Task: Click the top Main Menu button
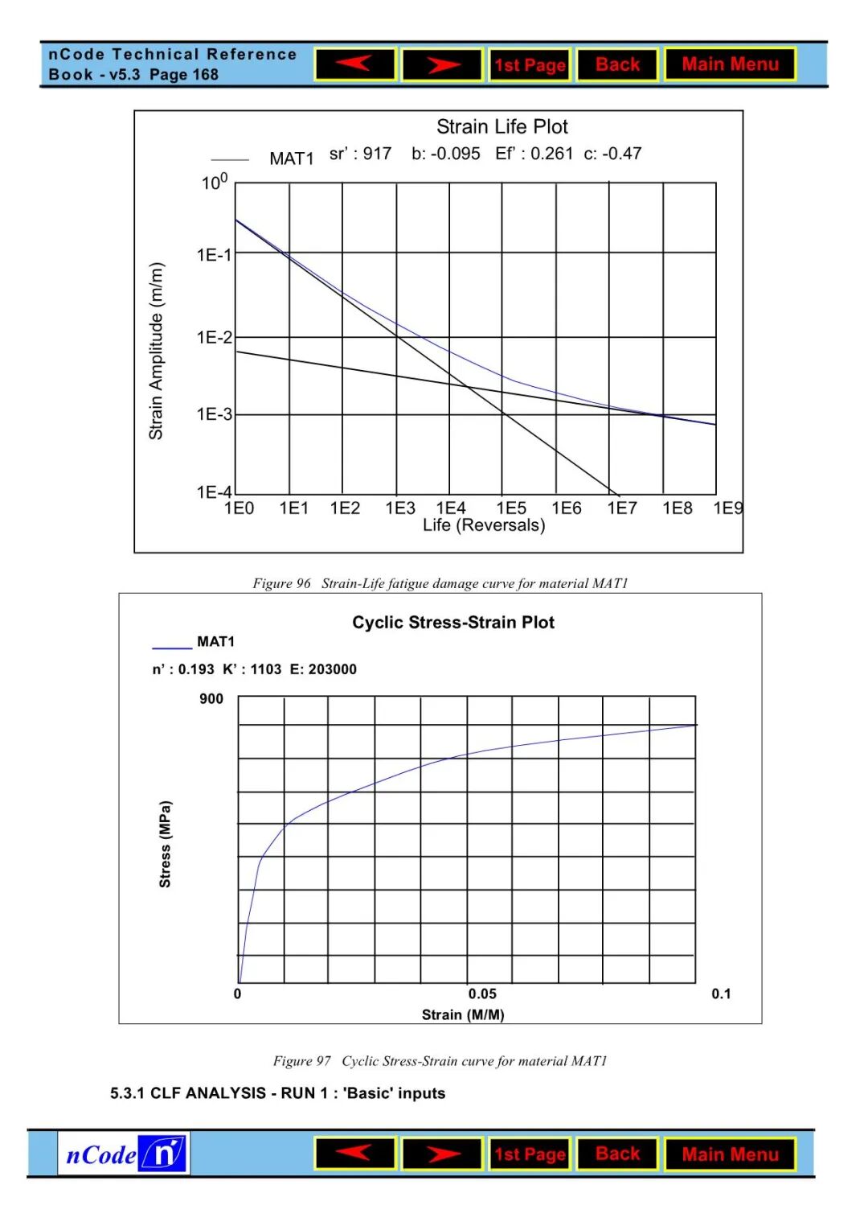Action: click(x=730, y=64)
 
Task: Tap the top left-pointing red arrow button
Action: click(x=355, y=64)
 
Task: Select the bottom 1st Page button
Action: click(x=530, y=1154)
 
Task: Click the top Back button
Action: click(x=617, y=64)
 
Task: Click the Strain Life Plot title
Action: click(x=502, y=127)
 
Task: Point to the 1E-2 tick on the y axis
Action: click(x=214, y=337)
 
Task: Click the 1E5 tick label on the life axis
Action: click(x=511, y=508)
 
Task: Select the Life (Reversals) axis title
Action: click(x=484, y=525)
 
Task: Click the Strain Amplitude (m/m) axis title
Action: click(x=156, y=351)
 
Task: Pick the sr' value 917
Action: click(x=377, y=154)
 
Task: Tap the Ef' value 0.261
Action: click(x=551, y=154)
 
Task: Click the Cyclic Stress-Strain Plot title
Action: click(x=453, y=623)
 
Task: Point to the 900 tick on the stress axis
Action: click(x=211, y=699)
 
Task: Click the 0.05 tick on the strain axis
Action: click(x=482, y=994)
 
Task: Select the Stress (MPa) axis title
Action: click(x=165, y=844)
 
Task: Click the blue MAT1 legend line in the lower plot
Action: click(x=172, y=648)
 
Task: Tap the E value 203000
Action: click(x=333, y=669)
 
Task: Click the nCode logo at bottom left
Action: click(x=124, y=1154)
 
